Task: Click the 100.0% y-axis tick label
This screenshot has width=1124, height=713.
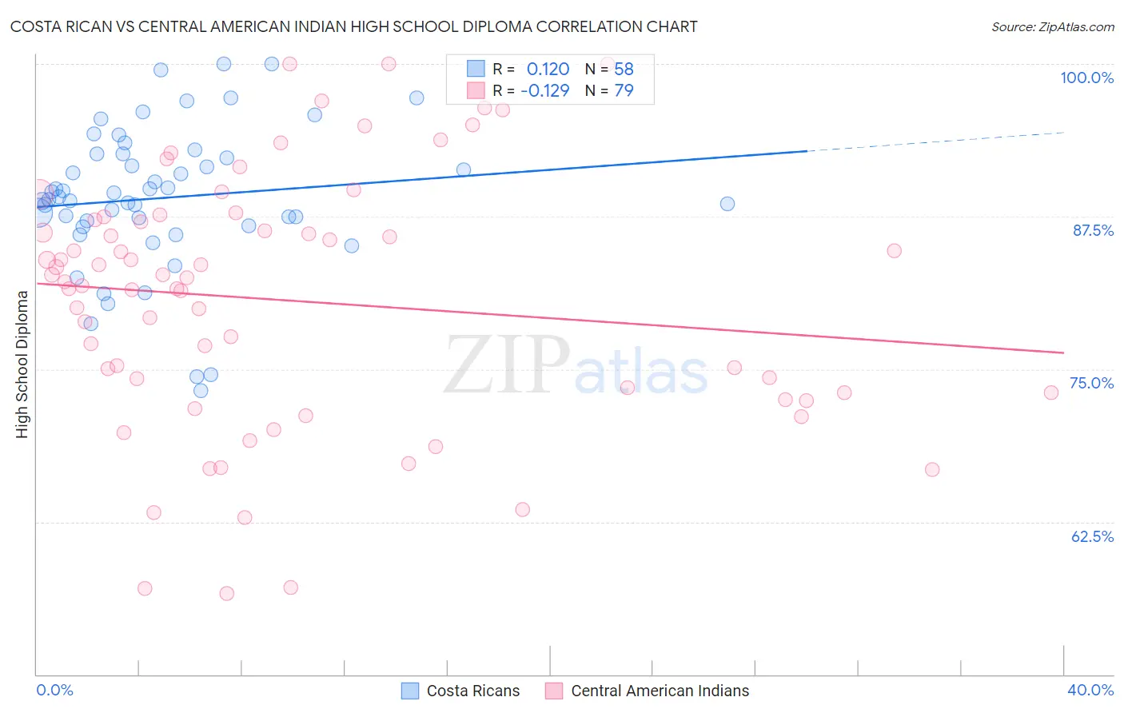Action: tap(1086, 78)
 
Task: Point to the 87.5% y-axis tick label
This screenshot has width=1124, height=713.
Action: tap(1092, 230)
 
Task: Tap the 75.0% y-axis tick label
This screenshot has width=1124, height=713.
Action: tap(1091, 383)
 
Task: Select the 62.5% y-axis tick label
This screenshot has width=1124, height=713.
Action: tap(1092, 536)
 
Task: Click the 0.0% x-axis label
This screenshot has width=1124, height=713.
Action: tap(54, 690)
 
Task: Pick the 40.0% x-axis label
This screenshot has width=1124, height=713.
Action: tap(1090, 690)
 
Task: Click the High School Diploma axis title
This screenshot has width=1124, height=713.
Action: tap(22, 364)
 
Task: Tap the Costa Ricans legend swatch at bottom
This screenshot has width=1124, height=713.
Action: tap(410, 691)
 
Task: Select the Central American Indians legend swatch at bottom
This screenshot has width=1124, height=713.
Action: tap(554, 691)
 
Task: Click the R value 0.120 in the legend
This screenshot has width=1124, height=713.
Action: tap(548, 70)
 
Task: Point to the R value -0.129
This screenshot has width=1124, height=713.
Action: tap(544, 90)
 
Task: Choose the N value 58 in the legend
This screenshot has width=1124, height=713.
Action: tap(624, 70)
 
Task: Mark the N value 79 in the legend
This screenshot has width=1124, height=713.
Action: tap(624, 90)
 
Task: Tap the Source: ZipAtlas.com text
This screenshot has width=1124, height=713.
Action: tap(1052, 26)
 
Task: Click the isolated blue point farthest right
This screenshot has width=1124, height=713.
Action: tap(727, 204)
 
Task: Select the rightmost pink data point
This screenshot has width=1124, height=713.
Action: tap(1051, 392)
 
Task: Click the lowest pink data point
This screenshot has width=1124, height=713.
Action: tap(227, 593)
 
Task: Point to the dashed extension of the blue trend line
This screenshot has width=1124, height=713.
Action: tap(935, 141)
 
